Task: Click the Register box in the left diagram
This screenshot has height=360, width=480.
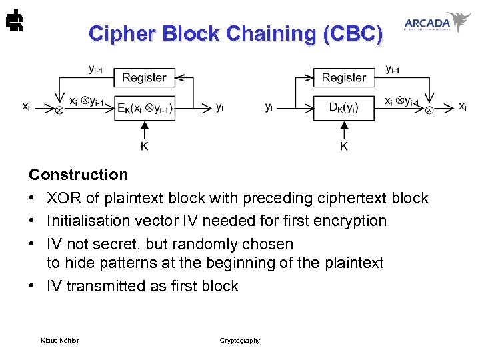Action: pos(144,77)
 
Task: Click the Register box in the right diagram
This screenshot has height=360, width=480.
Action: pos(343,77)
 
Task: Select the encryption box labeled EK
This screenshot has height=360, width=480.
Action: pos(144,109)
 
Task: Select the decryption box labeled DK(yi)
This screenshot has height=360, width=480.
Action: pos(343,109)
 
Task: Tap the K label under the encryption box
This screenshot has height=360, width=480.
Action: pos(144,145)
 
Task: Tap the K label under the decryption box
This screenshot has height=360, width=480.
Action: pos(343,145)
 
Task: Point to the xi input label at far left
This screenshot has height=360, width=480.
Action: pos(25,106)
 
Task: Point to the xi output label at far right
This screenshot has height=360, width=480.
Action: pos(462,107)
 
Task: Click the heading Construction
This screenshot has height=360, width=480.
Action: pos(78,175)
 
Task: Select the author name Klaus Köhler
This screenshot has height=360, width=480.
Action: pos(59,341)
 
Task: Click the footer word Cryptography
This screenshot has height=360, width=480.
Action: pos(240,341)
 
